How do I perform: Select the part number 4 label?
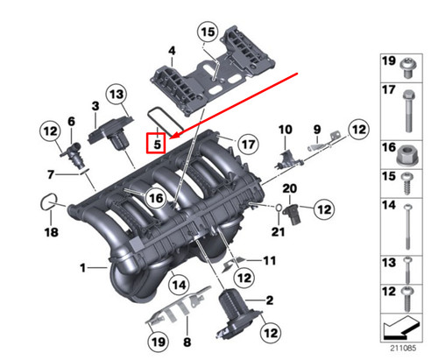click(173, 52)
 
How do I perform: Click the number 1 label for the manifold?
click(83, 266)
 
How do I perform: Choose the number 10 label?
click(284, 130)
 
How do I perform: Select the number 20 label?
click(290, 187)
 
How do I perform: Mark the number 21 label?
click(279, 231)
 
